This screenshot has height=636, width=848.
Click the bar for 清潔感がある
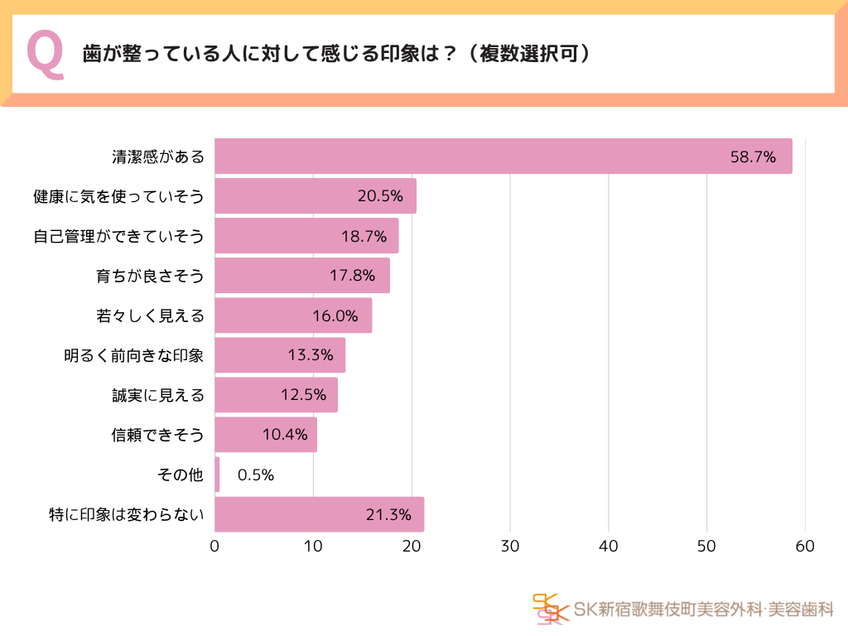pyautogui.click(x=503, y=157)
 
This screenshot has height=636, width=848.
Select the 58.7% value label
pyautogui.click(x=753, y=157)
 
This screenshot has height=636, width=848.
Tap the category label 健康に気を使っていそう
pyautogui.click(x=118, y=196)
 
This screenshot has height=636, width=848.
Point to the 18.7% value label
pyautogui.click(x=364, y=236)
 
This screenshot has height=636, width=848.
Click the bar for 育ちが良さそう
pyautogui.click(x=302, y=276)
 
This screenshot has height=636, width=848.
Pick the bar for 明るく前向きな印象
pyautogui.click(x=280, y=355)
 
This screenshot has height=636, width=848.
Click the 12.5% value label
pyautogui.click(x=303, y=395)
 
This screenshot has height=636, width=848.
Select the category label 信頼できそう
pyautogui.click(x=157, y=435)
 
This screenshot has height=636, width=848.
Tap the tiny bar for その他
pyautogui.click(x=217, y=475)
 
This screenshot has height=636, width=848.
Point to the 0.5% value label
pyautogui.click(x=255, y=475)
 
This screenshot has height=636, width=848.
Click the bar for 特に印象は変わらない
pyautogui.click(x=319, y=514)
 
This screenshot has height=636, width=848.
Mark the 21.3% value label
pyautogui.click(x=388, y=514)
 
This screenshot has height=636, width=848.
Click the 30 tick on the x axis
pyautogui.click(x=510, y=547)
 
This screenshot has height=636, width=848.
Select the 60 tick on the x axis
pyautogui.click(x=805, y=547)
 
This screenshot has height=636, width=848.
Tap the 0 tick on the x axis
pyautogui.click(x=215, y=547)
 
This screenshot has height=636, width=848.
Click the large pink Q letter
pyautogui.click(x=46, y=55)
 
